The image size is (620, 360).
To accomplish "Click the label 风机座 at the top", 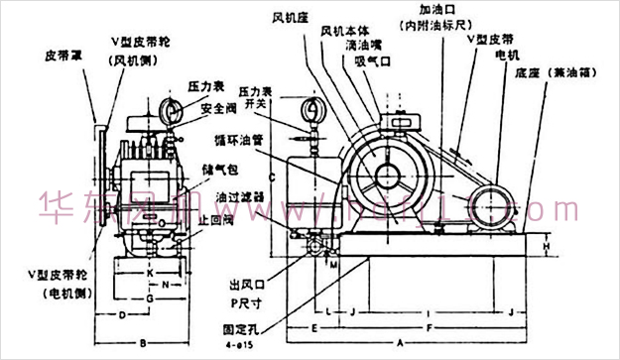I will point(289,17).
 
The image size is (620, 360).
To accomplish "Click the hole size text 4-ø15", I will point(241,347).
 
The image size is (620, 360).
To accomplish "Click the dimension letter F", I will point(428,325).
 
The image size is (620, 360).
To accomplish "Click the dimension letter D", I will point(119,315).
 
